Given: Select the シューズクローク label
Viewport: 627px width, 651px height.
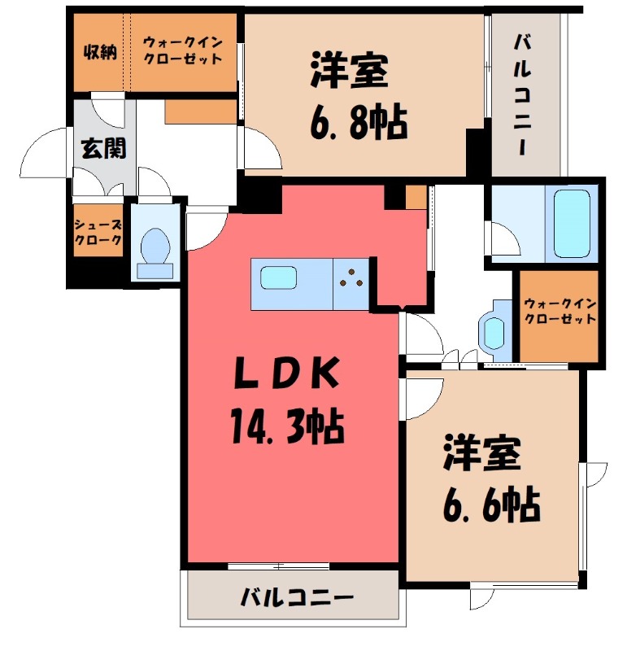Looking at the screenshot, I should [x=98, y=233].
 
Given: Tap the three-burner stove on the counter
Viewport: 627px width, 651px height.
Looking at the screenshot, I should [x=351, y=282].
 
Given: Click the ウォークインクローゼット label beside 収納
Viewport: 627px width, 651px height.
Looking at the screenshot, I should [x=183, y=50].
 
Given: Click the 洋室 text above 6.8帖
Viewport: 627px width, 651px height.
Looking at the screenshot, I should [x=348, y=72].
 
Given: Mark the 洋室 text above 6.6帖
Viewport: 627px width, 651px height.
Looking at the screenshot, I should [x=481, y=455].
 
